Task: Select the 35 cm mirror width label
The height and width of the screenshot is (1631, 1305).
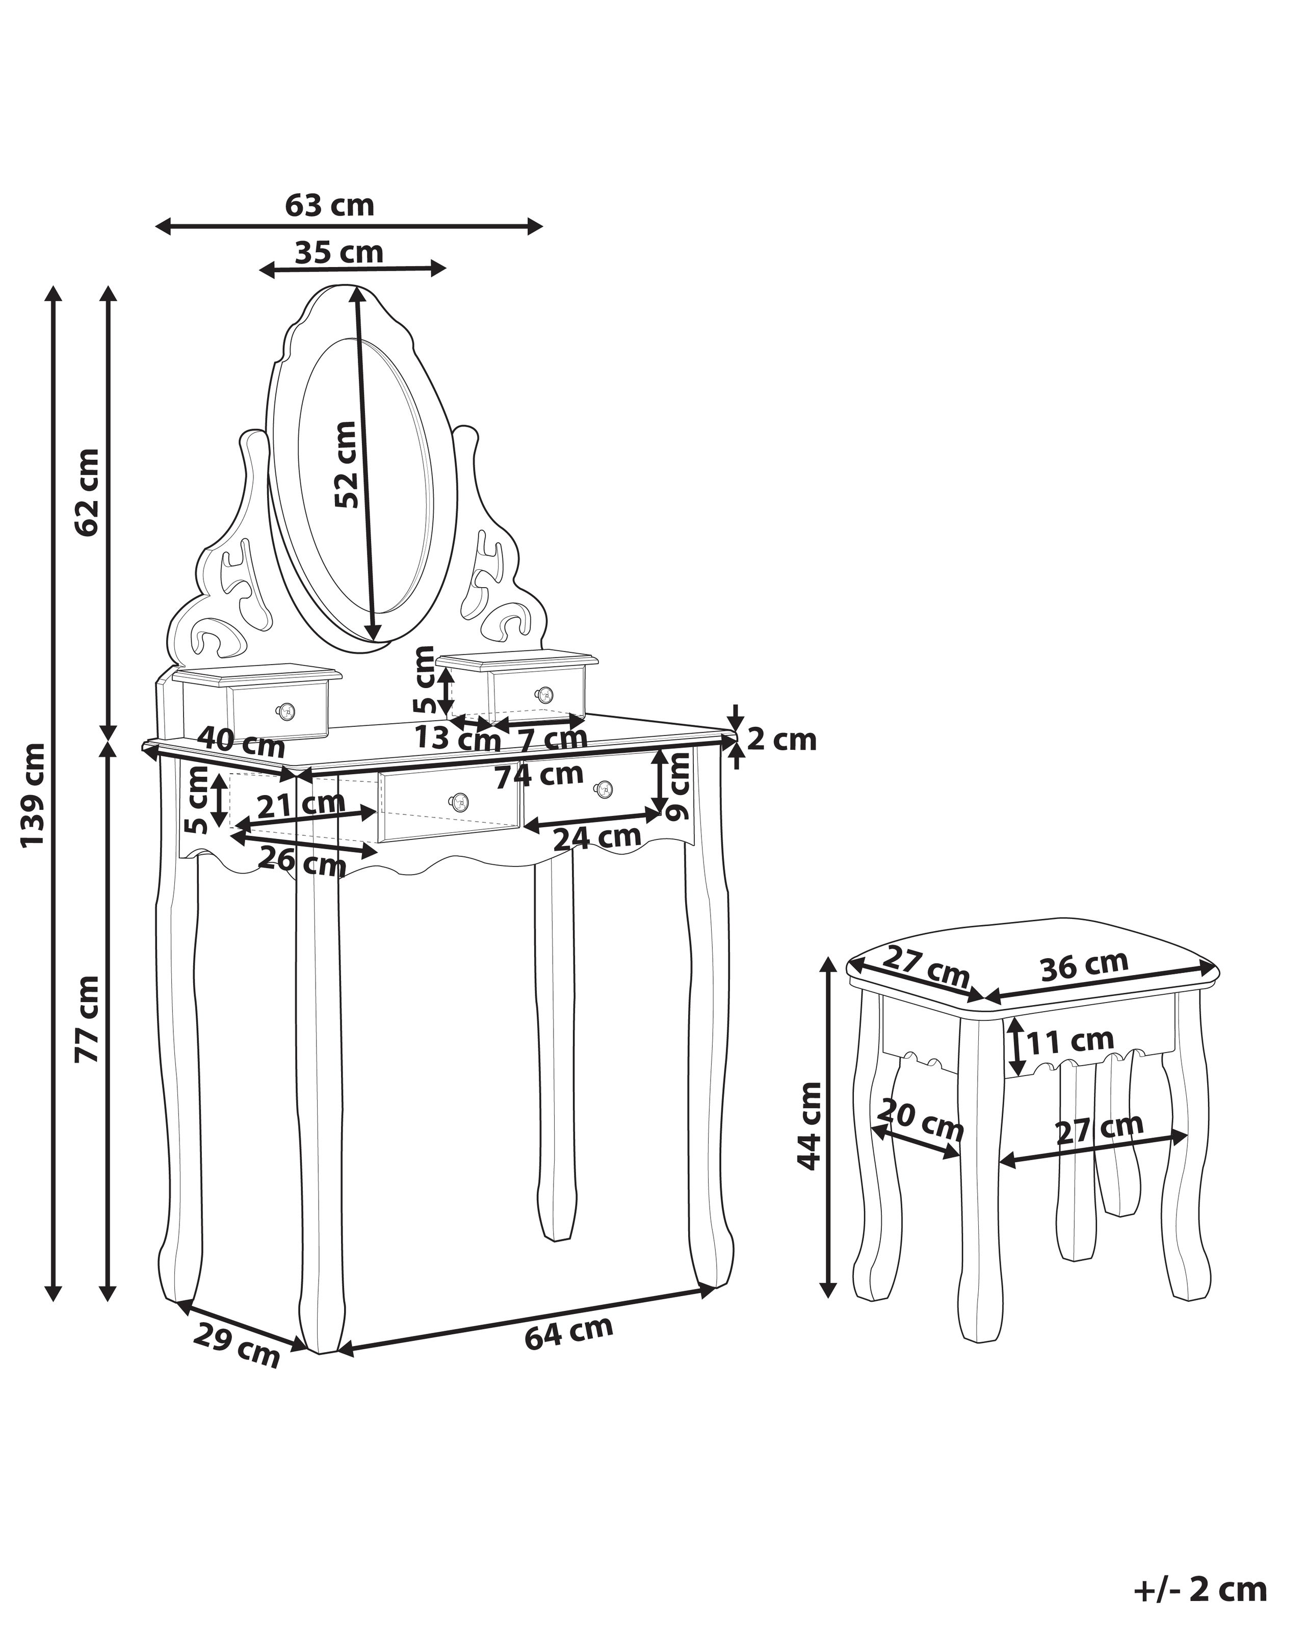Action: coord(339,252)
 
